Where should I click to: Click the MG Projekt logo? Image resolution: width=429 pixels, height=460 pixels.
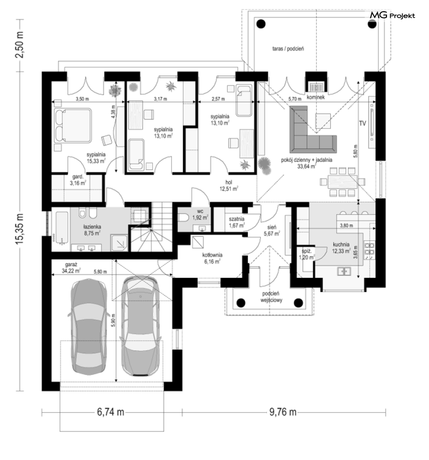[392, 15]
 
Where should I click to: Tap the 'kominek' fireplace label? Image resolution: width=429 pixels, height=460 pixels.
[316, 97]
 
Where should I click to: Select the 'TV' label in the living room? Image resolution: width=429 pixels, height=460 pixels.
[363, 124]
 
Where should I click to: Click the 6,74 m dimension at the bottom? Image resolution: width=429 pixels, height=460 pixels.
[110, 412]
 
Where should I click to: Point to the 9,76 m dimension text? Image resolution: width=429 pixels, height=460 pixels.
[283, 412]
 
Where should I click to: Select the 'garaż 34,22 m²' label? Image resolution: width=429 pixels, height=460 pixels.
[71, 267]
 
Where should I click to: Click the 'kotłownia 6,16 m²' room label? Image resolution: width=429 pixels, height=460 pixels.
[212, 258]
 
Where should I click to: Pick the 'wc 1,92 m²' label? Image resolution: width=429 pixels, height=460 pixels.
[200, 214]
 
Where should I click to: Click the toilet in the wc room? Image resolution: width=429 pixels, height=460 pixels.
[184, 218]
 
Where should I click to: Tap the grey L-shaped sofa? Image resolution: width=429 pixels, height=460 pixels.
[311, 131]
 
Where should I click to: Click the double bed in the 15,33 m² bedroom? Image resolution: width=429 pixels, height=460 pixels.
[73, 126]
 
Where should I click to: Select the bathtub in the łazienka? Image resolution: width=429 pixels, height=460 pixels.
[62, 228]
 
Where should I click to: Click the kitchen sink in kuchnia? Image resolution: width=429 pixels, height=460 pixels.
[344, 271]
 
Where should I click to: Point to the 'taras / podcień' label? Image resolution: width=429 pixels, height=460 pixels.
[288, 49]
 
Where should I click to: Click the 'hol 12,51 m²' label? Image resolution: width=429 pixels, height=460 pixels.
[229, 185]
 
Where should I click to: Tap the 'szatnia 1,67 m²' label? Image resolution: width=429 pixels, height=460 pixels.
[236, 222]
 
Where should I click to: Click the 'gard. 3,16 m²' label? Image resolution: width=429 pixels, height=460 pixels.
[78, 180]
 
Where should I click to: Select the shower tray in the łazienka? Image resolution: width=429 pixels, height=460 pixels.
[119, 242]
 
